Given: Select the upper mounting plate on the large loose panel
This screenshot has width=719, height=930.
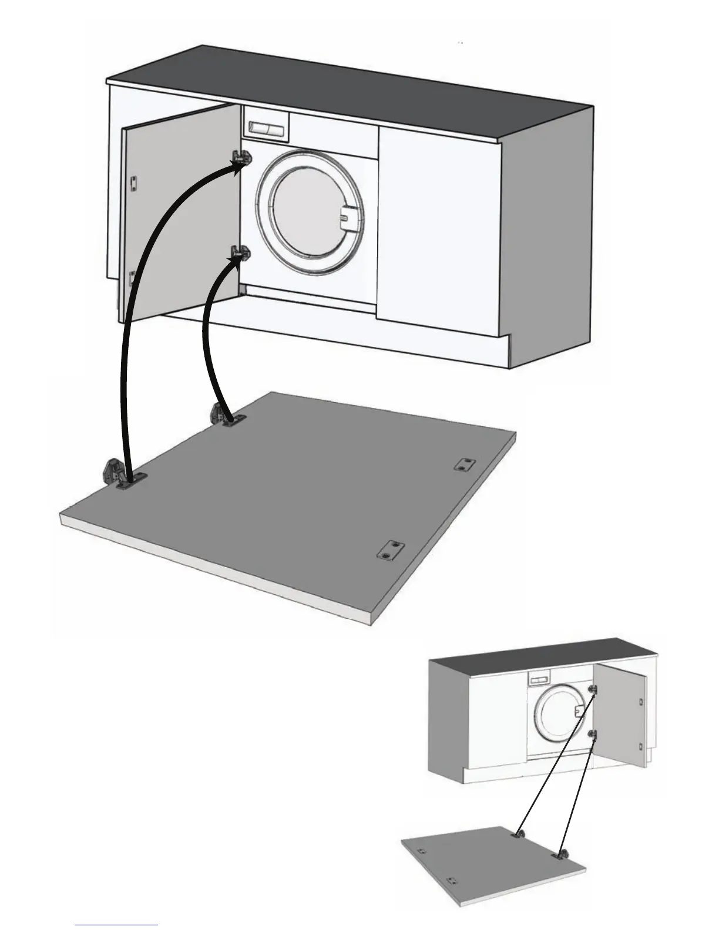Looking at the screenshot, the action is pos(465,464).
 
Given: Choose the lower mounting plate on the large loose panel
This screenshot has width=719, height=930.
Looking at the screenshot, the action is pos(388,550).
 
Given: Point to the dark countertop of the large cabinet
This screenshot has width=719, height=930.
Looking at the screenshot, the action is pos(352,94).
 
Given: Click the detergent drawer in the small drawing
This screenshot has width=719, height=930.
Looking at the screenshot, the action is pos(539,680).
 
